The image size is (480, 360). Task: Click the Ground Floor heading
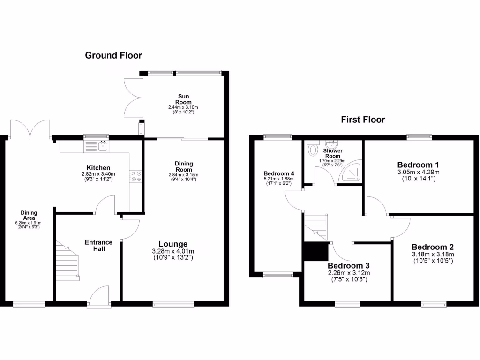coord(113,55)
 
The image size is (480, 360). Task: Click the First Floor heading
coord(363,120)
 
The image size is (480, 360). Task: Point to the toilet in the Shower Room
coord(313,150)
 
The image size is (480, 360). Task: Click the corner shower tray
coord(351,174)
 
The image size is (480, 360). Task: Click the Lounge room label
coord(173,244)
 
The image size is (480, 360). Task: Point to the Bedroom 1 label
coord(418,165)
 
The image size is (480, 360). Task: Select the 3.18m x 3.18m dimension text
coord(432,255)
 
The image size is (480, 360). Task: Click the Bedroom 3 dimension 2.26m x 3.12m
coord(349,273)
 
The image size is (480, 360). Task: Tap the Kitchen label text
coord(98,168)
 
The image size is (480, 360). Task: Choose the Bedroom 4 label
coord(279,172)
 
